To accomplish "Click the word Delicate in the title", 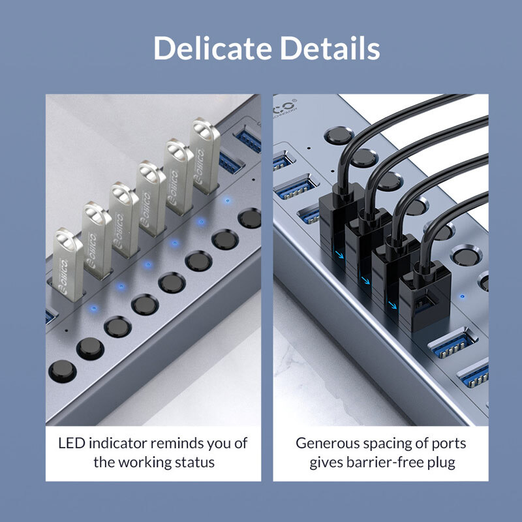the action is tap(213, 48).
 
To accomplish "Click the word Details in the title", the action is tap(330, 48).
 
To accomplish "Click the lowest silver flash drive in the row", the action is tap(67, 264).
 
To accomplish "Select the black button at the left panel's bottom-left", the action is tap(63, 371).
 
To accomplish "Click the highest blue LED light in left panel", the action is tap(227, 201).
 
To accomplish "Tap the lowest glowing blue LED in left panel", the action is tap(94, 309).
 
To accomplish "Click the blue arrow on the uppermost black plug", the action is tap(339, 255).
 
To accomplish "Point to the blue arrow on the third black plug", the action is tap(393, 305).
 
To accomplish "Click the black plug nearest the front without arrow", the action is tap(425, 296).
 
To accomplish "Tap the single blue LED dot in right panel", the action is tap(462, 296).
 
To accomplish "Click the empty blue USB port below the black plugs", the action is tap(452, 343).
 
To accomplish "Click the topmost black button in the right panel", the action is tap(338, 136).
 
